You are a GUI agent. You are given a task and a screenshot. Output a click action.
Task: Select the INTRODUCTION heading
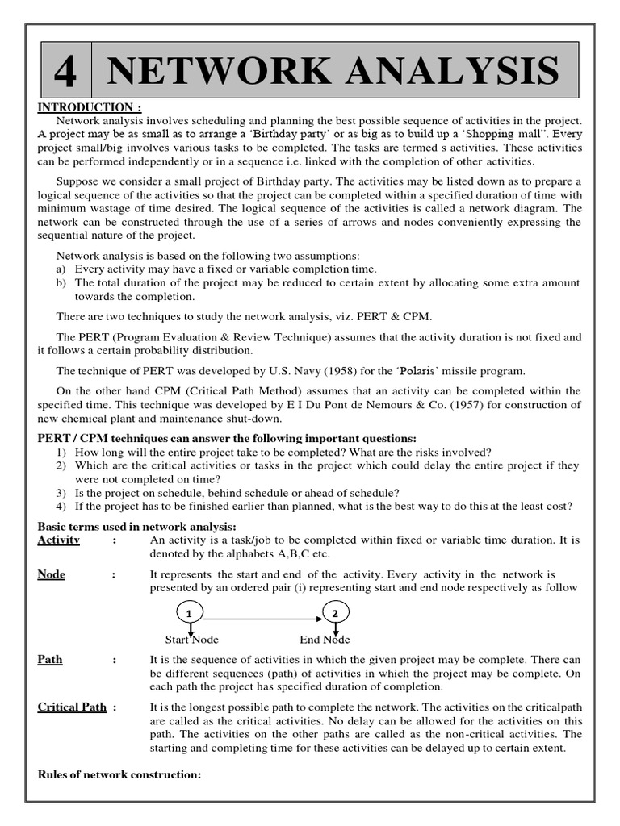[x=90, y=107]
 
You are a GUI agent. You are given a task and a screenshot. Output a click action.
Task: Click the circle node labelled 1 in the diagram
[x=189, y=614]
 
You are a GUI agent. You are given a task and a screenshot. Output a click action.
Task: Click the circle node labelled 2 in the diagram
[x=335, y=614]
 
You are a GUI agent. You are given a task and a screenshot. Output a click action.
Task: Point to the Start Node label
[x=192, y=640]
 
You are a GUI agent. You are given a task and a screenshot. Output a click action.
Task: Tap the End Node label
[x=325, y=640]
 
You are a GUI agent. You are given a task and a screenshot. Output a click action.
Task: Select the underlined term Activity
[x=59, y=540]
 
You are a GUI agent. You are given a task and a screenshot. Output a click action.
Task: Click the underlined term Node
[x=52, y=574]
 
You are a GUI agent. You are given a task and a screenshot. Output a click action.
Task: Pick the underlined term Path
[x=50, y=660]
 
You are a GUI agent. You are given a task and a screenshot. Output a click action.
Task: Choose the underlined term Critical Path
[x=72, y=707]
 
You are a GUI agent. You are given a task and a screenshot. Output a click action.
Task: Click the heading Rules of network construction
[x=119, y=775]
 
